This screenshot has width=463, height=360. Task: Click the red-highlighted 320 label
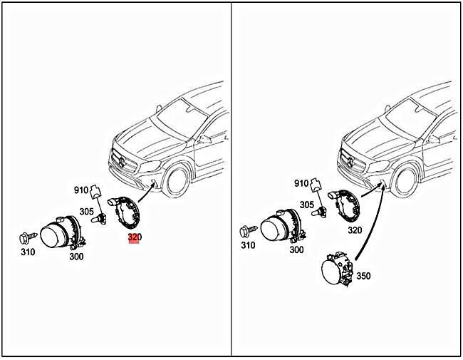(134, 238)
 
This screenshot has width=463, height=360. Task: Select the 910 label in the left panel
(82, 190)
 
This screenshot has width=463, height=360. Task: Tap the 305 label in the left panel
(86, 211)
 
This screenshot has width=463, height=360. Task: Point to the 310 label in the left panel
(28, 252)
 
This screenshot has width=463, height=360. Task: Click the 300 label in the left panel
(77, 256)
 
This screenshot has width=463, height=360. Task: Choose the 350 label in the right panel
(363, 275)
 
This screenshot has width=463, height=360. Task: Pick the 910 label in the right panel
(301, 183)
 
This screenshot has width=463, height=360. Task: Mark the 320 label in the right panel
(355, 230)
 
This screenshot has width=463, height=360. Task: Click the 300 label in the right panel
(296, 250)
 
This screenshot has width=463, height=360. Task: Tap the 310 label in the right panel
(247, 246)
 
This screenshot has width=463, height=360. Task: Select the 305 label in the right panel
(307, 205)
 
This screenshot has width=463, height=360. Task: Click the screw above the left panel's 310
(28, 236)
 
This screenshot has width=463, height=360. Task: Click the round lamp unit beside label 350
(334, 273)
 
